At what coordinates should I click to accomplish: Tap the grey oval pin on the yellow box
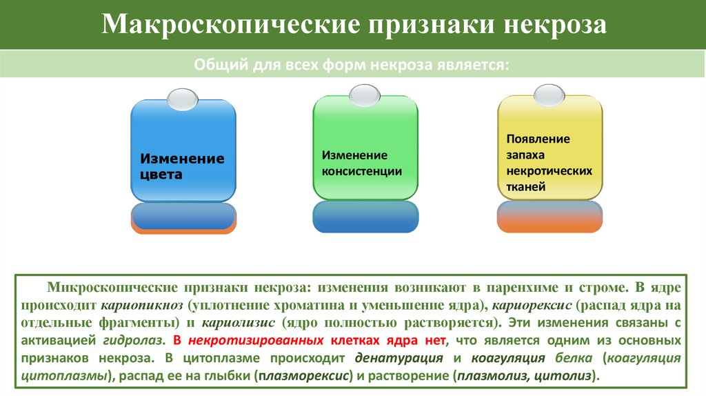[x=549, y=95]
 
